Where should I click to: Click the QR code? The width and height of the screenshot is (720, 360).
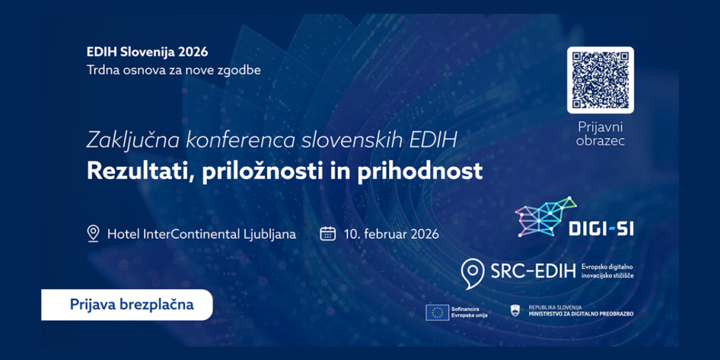(x=601, y=80)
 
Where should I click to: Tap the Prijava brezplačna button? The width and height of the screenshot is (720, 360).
(x=127, y=305)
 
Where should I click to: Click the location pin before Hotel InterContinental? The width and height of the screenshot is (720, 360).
(x=93, y=233)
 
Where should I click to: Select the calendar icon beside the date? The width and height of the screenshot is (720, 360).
(x=328, y=233)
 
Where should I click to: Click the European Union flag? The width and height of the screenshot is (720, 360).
(x=437, y=313)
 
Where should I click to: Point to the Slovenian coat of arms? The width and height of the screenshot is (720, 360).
(x=515, y=311)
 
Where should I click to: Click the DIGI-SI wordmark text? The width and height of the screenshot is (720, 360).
(x=601, y=229)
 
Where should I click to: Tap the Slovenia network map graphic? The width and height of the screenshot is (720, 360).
(x=545, y=217)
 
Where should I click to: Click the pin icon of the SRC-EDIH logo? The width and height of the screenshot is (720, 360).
(x=473, y=274)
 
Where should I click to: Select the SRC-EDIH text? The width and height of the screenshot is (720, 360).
(x=533, y=271)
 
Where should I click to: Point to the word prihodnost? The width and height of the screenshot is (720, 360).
(x=420, y=171)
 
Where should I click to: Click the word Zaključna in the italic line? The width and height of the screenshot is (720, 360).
(x=133, y=140)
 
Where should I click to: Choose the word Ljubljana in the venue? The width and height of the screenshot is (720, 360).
(x=269, y=234)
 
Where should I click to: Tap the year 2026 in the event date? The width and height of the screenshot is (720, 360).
(x=425, y=234)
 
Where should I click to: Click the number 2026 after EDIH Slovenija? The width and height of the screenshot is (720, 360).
(x=193, y=52)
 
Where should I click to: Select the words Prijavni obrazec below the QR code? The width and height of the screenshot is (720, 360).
(x=601, y=134)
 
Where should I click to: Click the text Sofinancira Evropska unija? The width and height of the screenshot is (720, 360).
(x=469, y=312)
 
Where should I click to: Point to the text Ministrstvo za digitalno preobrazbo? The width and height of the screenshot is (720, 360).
(x=581, y=314)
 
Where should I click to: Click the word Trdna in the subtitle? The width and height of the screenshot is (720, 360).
(x=103, y=70)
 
